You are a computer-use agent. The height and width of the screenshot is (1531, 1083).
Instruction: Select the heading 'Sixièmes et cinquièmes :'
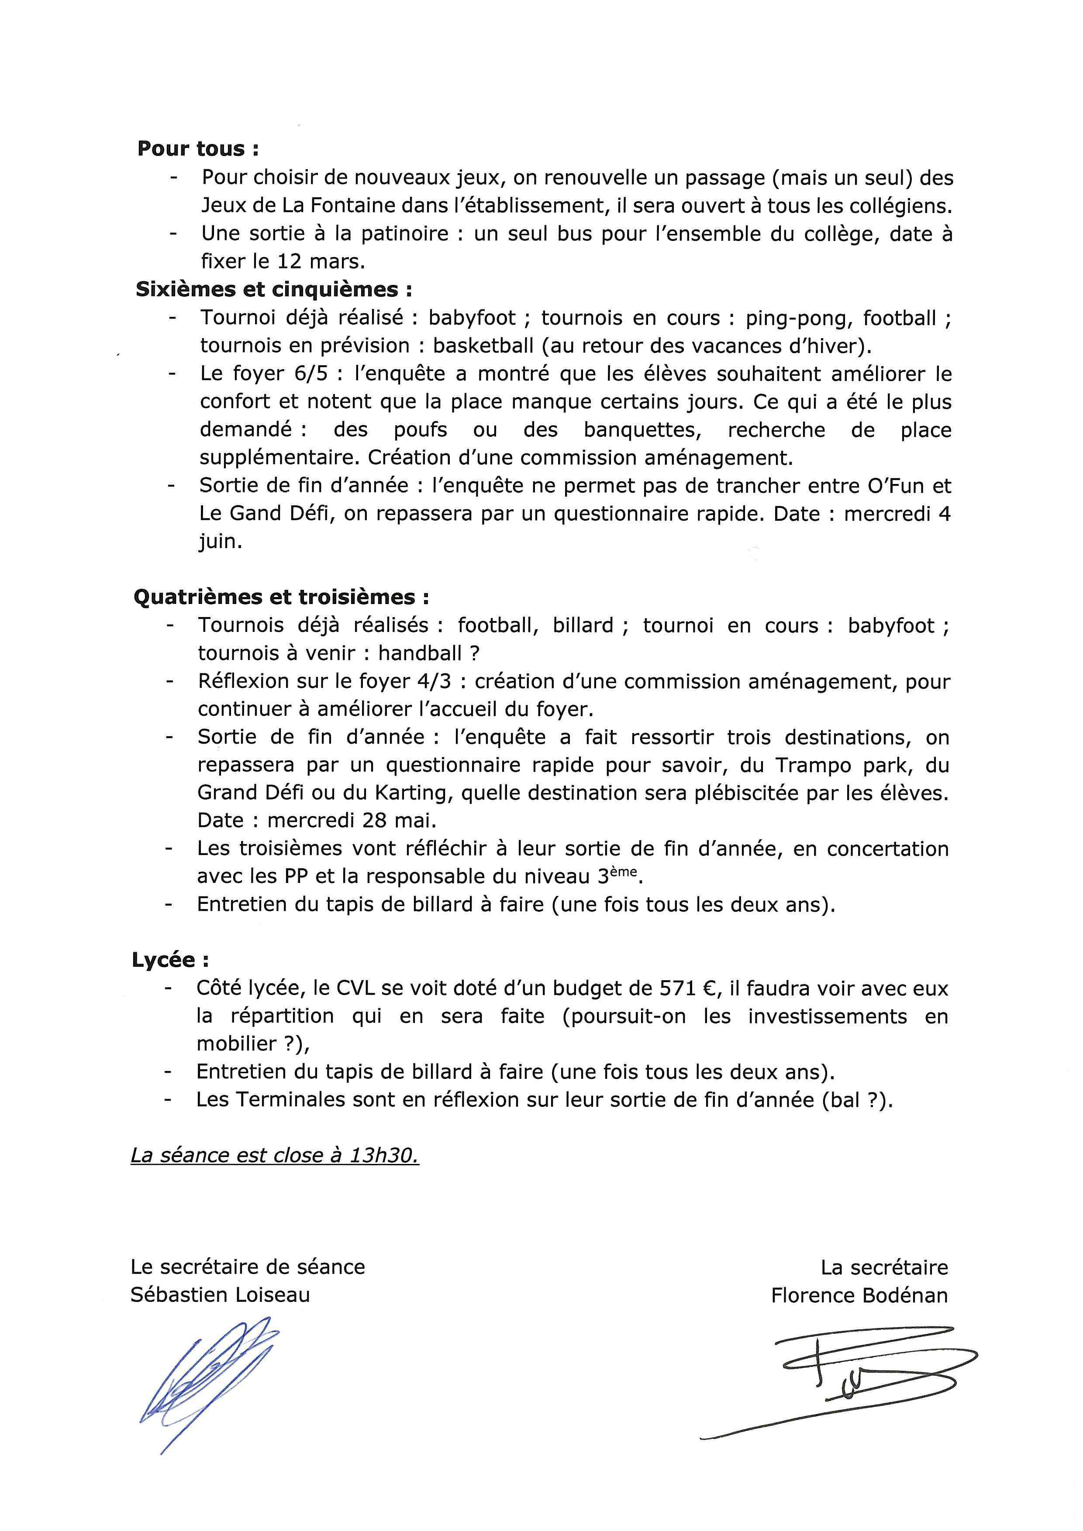273,289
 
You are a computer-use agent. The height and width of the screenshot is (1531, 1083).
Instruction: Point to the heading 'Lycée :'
170,960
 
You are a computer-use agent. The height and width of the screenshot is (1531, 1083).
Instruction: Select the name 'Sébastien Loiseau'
220,1295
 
